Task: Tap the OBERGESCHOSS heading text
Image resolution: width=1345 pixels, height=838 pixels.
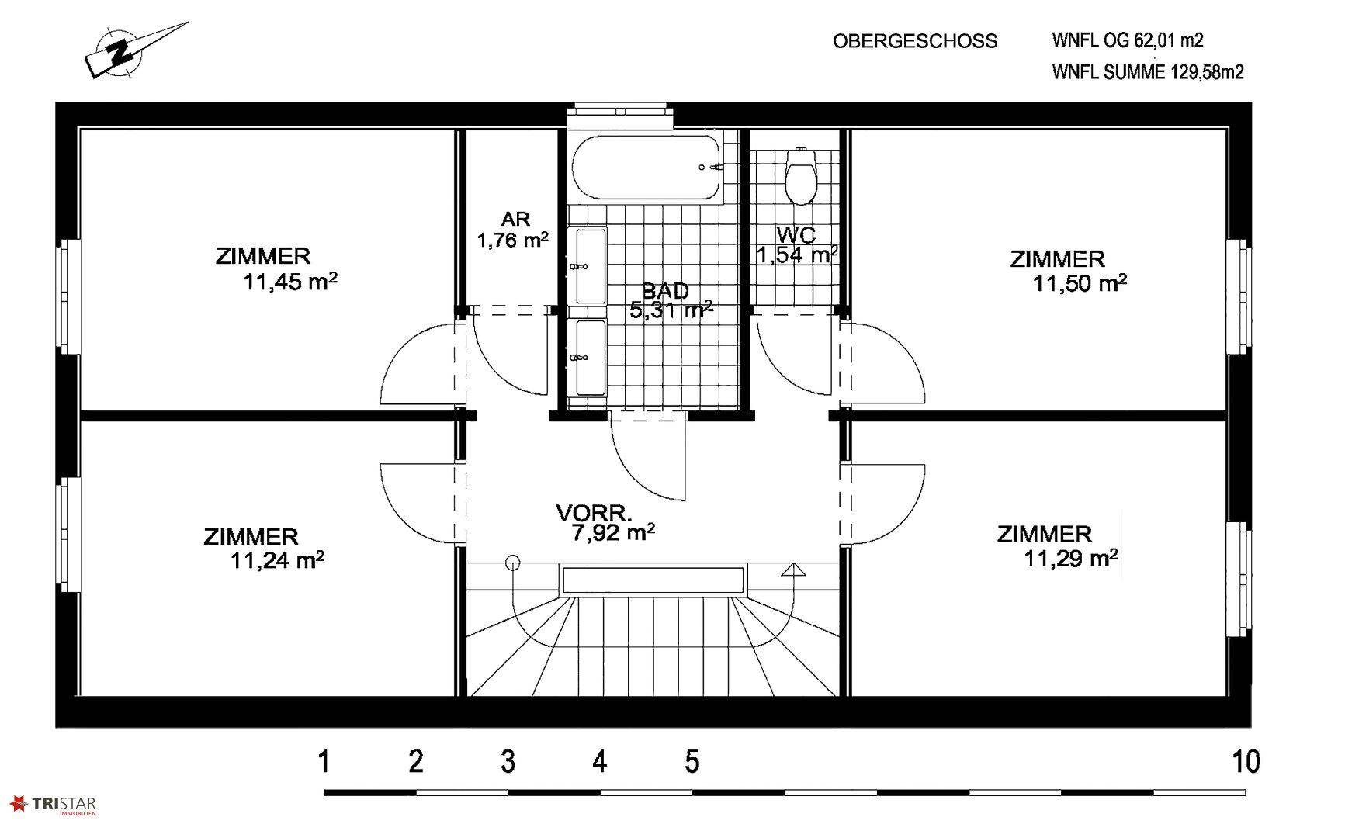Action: click(x=915, y=41)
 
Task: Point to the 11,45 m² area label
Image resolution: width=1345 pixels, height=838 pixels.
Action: click(x=290, y=281)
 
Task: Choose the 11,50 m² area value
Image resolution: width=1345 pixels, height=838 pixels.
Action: click(x=1080, y=283)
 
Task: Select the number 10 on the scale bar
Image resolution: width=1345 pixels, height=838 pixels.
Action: click(x=1246, y=761)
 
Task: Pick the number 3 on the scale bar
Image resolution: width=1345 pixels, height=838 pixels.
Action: click(x=508, y=761)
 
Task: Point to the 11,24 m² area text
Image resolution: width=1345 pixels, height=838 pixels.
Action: click(x=277, y=559)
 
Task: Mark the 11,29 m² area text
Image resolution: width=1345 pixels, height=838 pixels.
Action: click(x=1071, y=557)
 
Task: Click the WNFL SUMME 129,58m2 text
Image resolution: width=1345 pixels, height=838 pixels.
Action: click(x=1148, y=72)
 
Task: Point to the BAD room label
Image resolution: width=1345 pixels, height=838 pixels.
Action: click(x=665, y=292)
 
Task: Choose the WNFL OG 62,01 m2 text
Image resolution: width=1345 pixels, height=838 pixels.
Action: click(x=1128, y=40)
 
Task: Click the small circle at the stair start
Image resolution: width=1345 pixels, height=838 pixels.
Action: click(x=512, y=563)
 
